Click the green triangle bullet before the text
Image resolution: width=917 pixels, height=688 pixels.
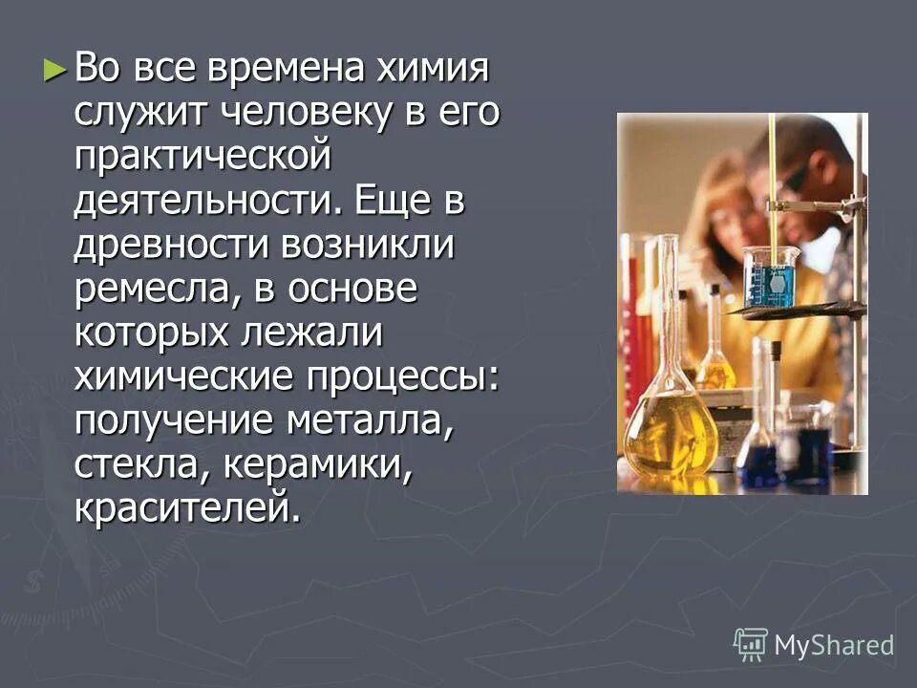[x=55, y=70]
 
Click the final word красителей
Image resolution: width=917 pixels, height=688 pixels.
[x=187, y=508]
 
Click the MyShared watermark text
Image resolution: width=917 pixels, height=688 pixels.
[x=834, y=644]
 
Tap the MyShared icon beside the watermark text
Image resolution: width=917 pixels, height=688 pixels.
[x=750, y=644]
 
